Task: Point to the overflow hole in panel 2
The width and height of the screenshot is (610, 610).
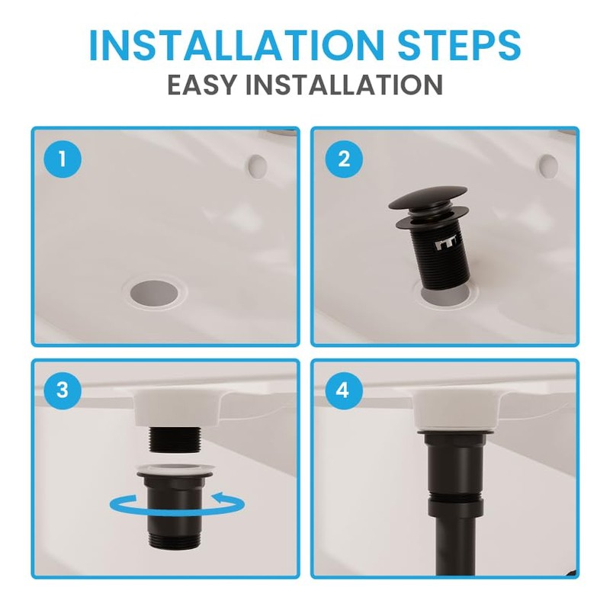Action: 547,163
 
